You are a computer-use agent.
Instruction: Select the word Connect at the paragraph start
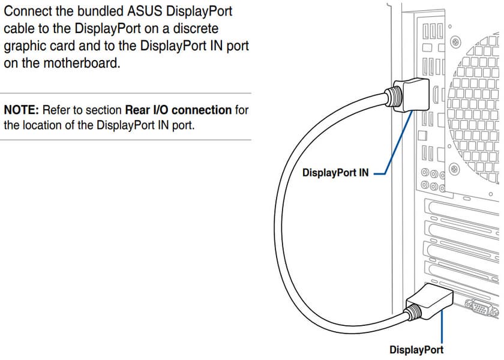28,12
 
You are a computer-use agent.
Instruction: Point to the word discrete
197,29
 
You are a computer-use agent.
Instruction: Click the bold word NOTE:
22,110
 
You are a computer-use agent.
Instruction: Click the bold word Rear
137,110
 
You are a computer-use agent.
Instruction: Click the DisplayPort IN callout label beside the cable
335,173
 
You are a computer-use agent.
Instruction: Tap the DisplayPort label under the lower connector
416,349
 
